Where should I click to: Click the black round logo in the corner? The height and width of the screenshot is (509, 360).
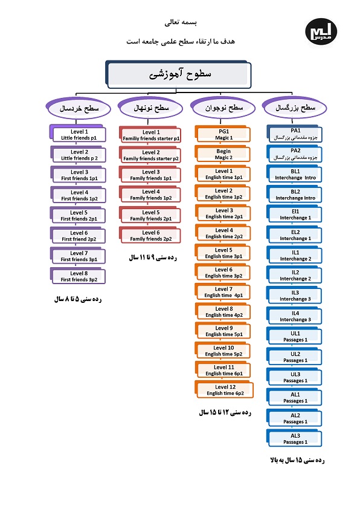[x=321, y=31]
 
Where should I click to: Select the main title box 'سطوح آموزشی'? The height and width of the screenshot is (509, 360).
[x=178, y=74]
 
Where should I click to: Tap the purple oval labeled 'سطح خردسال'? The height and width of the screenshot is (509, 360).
[x=79, y=108]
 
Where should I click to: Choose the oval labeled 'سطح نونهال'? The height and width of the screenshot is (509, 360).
[x=151, y=108]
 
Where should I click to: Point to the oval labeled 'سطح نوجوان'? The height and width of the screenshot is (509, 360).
[x=223, y=108]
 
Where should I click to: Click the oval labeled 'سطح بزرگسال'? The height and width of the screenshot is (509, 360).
[x=295, y=107]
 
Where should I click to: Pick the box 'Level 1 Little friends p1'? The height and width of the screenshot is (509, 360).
[x=78, y=134]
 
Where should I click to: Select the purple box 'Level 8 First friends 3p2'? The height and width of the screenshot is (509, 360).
[x=78, y=276]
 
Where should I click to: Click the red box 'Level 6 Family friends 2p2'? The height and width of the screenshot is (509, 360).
[x=150, y=235]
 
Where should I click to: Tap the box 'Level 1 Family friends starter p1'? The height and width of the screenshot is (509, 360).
[x=150, y=135]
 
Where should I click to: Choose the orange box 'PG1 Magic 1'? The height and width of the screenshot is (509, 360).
[x=223, y=134]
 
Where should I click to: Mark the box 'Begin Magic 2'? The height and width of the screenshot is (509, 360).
[x=223, y=154]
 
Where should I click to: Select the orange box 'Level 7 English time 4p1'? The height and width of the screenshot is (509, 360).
[x=223, y=291]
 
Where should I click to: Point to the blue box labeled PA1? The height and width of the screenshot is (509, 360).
[x=295, y=134]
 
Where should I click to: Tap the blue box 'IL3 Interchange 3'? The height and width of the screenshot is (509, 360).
[x=295, y=296]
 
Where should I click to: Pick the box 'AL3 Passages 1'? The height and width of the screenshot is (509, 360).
[x=295, y=438]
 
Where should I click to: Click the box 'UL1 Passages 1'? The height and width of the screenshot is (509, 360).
[x=295, y=336]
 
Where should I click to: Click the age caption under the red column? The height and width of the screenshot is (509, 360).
[x=153, y=258]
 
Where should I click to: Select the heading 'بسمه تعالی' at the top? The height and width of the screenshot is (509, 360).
[x=181, y=22]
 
